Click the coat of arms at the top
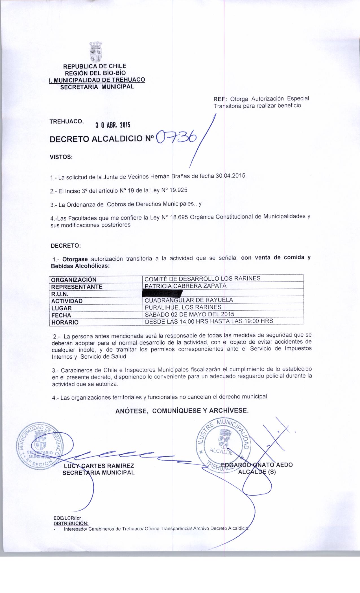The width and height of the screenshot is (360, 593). tap(96, 52)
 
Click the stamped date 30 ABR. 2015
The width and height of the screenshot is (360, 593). tap(112, 125)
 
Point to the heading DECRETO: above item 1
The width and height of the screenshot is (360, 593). tap(66, 245)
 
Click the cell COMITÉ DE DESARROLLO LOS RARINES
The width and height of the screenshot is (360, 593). tap(202, 278)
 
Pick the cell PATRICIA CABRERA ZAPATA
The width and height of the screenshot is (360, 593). tap(185, 286)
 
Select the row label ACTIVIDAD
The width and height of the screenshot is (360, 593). tap(67, 301)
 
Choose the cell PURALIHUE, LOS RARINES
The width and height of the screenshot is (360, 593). tap(183, 307)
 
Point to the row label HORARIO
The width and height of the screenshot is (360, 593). tap(65, 322)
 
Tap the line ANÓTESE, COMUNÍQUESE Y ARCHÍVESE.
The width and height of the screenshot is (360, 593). tap(182, 411)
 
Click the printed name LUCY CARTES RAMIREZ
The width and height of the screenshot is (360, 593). tap(99, 466)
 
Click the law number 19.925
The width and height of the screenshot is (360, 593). tap(176, 190)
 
